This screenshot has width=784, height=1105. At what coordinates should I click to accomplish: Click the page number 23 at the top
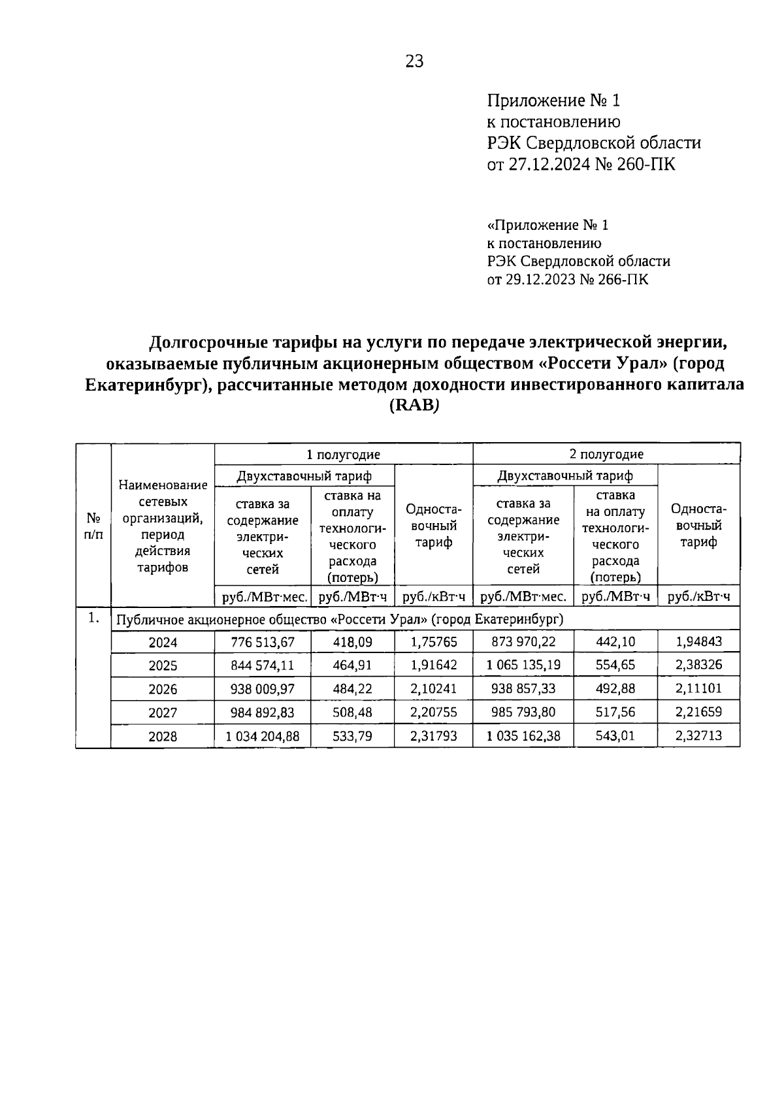[x=414, y=61]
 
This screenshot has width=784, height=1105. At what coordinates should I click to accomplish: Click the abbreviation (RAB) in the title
[x=414, y=406]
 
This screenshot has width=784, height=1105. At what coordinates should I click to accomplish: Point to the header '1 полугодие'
[x=344, y=455]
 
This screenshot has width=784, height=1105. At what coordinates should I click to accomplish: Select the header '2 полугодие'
[x=606, y=455]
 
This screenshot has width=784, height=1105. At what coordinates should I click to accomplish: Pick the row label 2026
[x=163, y=690]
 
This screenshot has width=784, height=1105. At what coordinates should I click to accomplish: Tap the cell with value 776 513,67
[x=263, y=643]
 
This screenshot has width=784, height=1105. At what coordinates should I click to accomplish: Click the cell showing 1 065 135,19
[x=523, y=665]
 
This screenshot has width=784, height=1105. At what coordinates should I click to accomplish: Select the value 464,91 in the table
[x=352, y=665]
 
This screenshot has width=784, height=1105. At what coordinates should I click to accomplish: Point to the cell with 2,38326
[x=698, y=665]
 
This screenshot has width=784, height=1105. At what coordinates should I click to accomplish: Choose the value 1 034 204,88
[x=263, y=737]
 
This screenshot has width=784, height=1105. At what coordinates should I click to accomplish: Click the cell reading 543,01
[x=615, y=737]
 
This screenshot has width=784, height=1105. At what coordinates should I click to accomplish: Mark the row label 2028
[x=163, y=737]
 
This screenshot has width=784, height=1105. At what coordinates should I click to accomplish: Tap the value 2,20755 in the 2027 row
[x=433, y=713]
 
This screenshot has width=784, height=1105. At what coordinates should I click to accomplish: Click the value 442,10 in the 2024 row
[x=615, y=642]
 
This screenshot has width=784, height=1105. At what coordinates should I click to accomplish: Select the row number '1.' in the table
[x=93, y=618]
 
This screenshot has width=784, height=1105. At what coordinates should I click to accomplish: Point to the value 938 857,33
[x=523, y=689]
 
